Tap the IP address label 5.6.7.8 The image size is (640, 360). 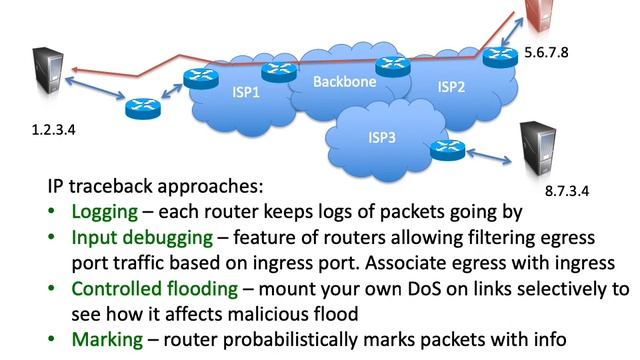(546, 51)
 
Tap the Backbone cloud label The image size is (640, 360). (345, 82)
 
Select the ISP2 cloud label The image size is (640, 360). (452, 87)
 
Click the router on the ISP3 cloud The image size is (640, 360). (444, 150)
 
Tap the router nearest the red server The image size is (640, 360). (498, 57)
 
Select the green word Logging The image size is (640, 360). (105, 212)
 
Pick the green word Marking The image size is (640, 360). (106, 338)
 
